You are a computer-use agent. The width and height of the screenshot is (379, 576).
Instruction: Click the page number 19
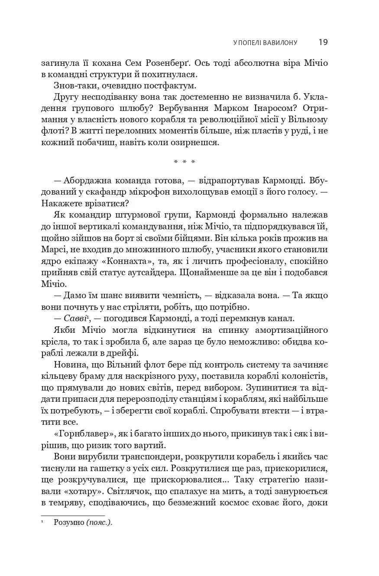pyautogui.click(x=323, y=42)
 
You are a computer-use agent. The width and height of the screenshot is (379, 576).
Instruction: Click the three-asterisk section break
pyautogui.click(x=185, y=162)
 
